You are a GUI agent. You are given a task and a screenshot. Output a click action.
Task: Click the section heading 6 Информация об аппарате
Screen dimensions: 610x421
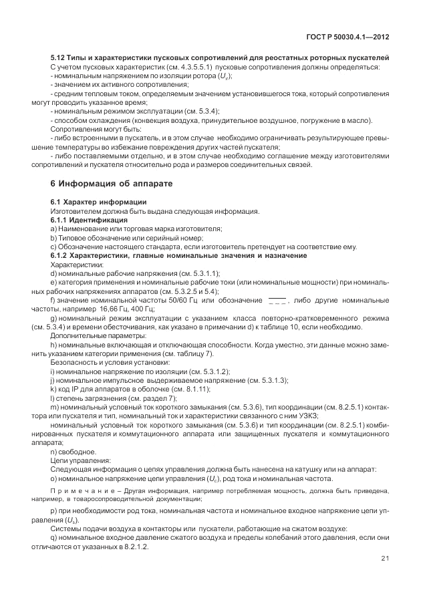pyautogui.click(x=112, y=183)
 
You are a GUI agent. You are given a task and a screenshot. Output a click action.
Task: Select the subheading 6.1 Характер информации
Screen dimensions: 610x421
pyautogui.click(x=98, y=202)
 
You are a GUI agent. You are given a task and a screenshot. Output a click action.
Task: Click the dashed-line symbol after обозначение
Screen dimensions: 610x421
pyautogui.click(x=277, y=301)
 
